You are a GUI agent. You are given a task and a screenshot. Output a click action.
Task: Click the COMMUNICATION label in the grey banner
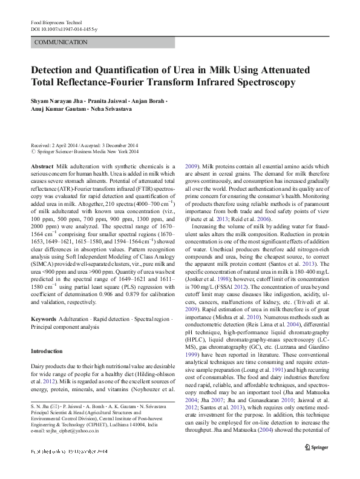click(61, 42)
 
